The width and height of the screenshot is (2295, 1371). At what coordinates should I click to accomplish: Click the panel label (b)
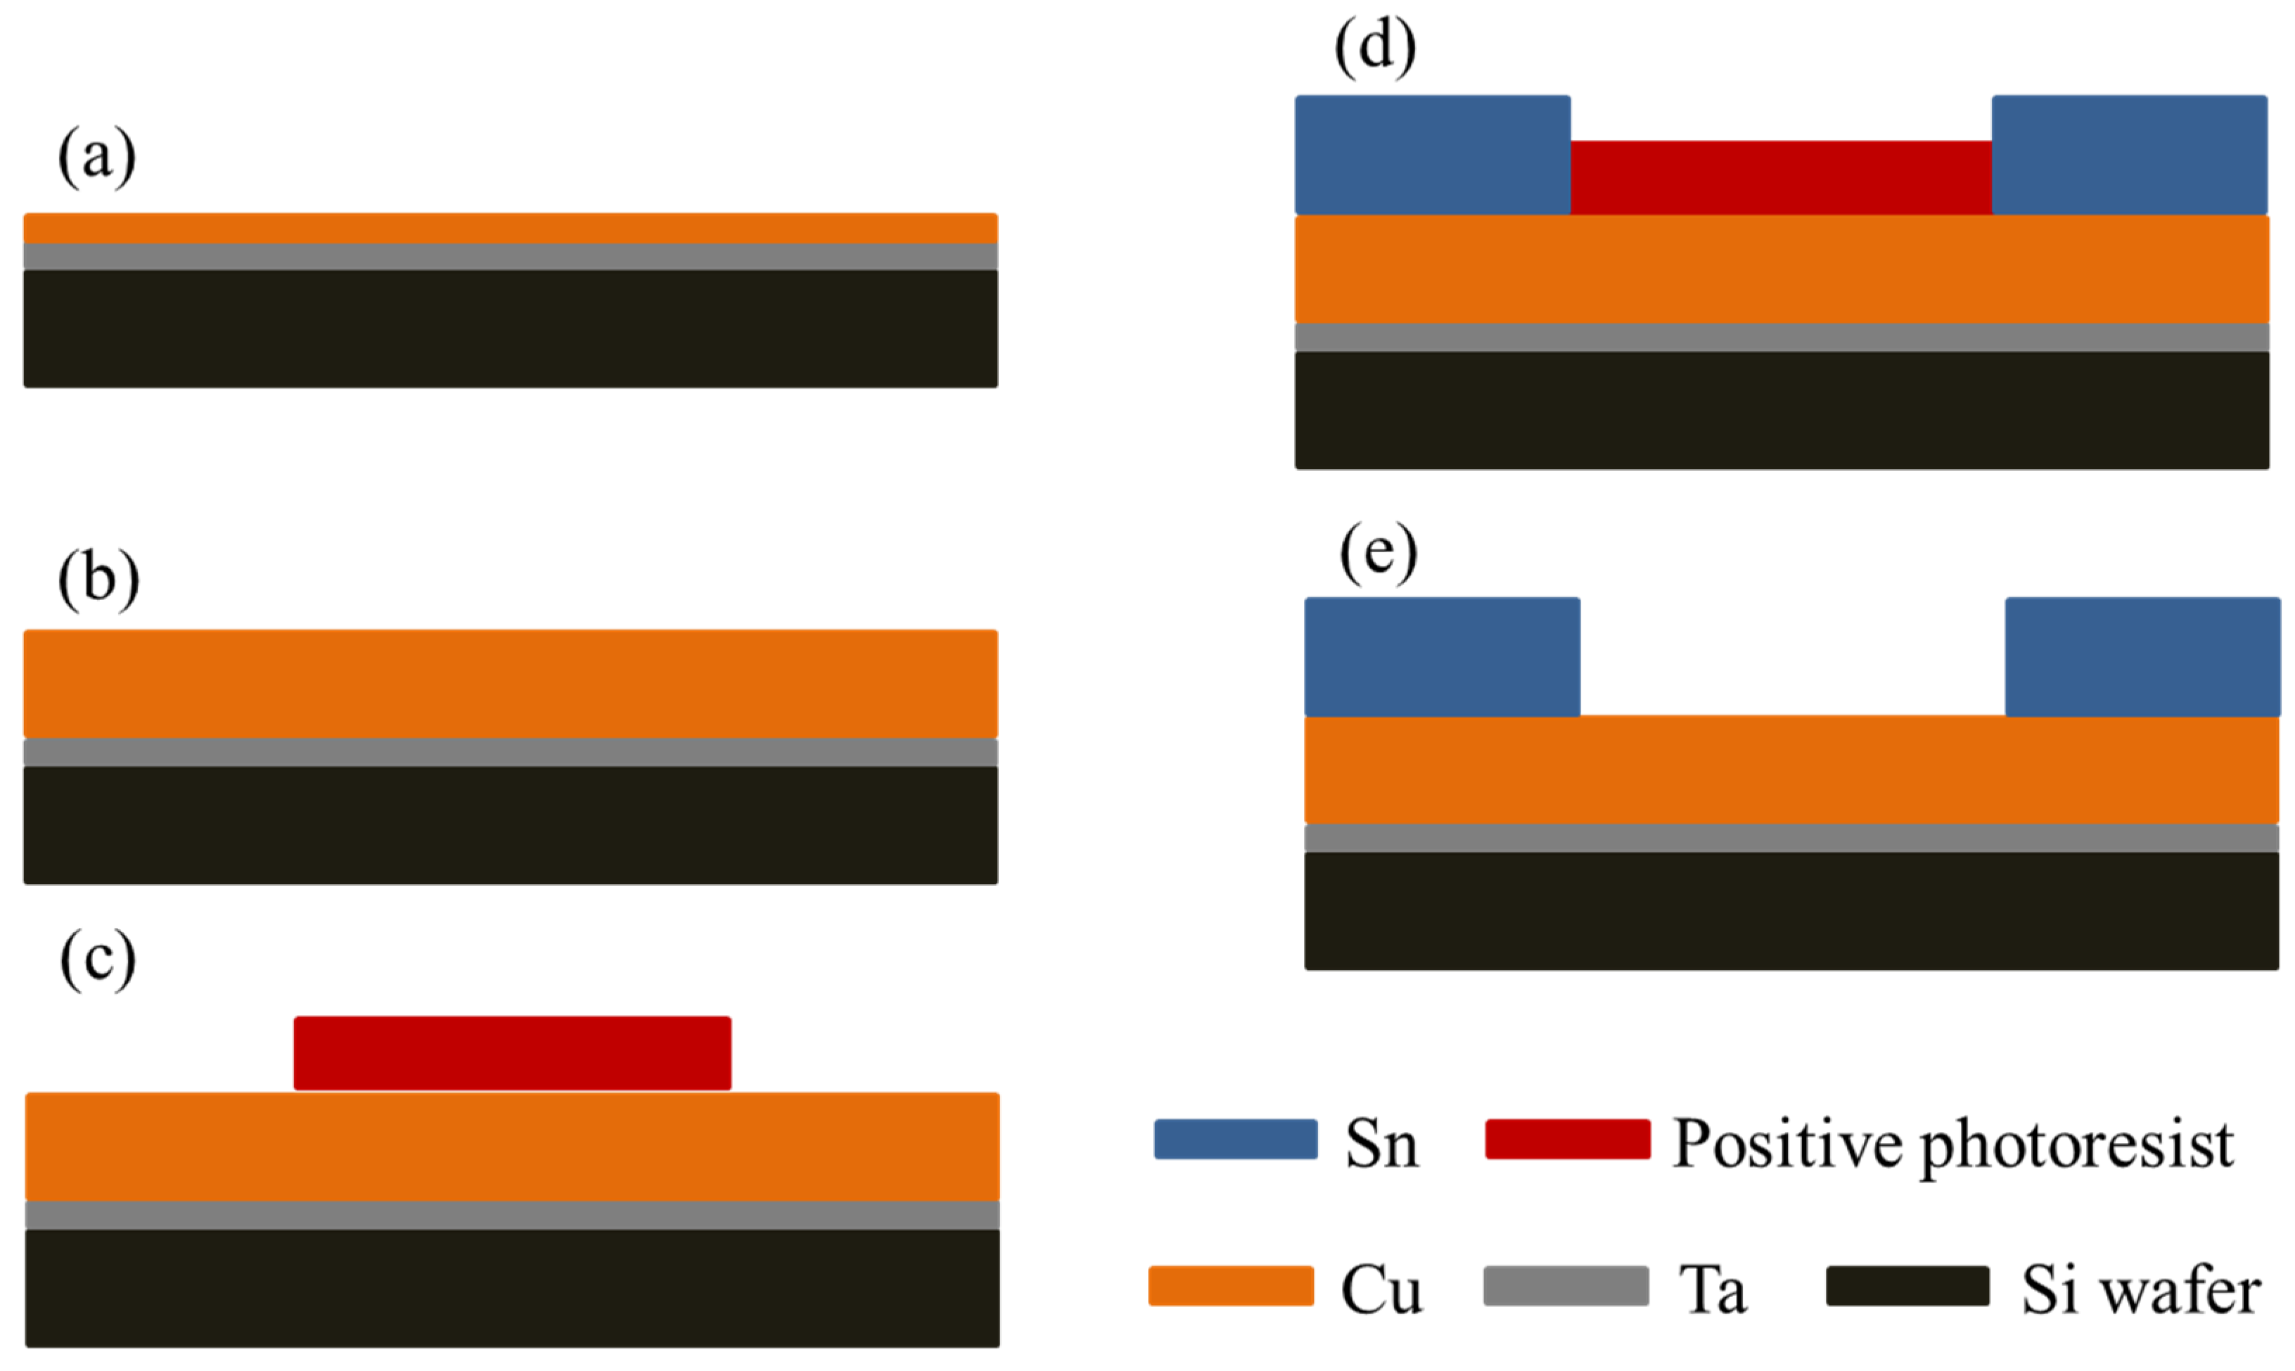(98, 580)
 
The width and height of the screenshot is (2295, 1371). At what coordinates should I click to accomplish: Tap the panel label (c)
(97, 961)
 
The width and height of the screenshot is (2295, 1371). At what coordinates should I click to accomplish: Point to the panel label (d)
(1374, 46)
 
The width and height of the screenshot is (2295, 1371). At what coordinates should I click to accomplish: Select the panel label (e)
(1378, 554)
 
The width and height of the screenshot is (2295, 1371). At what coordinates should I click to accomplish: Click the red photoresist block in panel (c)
(513, 1053)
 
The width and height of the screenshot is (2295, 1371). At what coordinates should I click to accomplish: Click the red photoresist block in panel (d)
(1781, 177)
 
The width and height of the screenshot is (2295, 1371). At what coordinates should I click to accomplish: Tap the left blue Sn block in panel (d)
(1433, 155)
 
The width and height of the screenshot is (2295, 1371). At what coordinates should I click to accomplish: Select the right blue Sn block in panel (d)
(2130, 155)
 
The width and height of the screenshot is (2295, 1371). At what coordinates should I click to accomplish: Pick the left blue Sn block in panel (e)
(1442, 657)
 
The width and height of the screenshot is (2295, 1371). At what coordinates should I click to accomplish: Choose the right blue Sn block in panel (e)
(2142, 657)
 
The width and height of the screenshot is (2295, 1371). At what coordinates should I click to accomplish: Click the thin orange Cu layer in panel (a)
(510, 228)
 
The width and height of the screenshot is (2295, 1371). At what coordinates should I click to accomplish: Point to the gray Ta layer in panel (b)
(510, 752)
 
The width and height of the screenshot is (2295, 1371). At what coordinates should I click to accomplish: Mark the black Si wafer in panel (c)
(513, 1288)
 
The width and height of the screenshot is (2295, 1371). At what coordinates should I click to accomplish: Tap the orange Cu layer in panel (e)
(1791, 770)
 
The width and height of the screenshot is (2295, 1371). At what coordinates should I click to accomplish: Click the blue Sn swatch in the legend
(1236, 1139)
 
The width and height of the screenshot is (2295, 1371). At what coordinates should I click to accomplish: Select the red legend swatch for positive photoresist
(1567, 1139)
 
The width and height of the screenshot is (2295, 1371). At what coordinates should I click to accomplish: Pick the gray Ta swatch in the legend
(1566, 1286)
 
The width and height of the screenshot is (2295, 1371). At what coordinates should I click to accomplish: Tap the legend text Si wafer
(2141, 1289)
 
